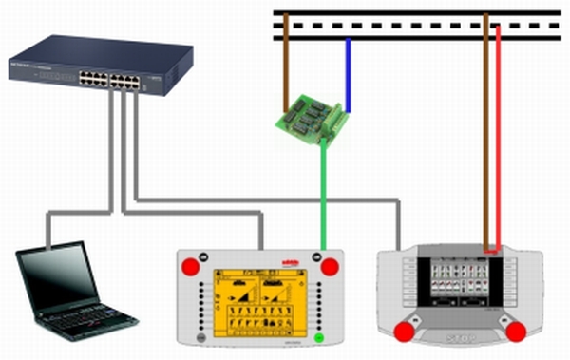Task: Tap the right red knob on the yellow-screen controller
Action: [330, 266]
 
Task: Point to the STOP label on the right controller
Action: [460, 338]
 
